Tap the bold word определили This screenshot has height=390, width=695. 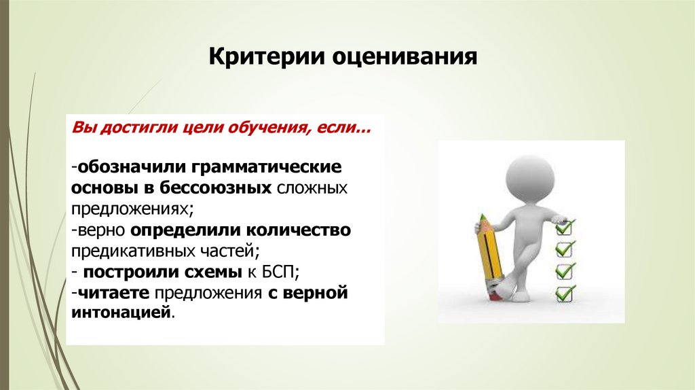[x=182, y=230]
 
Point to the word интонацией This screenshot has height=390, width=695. [x=119, y=313]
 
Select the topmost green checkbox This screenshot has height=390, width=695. [x=565, y=225]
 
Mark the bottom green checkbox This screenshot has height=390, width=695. [x=565, y=294]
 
